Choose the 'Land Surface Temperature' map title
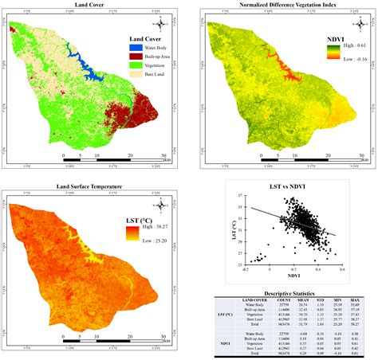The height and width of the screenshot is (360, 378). click(88, 186)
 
